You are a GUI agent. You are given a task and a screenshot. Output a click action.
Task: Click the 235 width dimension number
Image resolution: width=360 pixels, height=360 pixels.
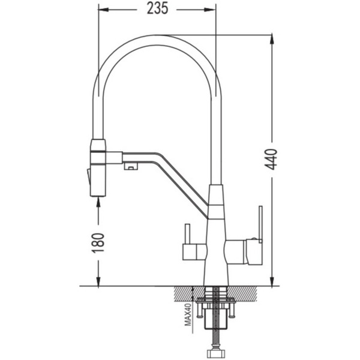[157, 9]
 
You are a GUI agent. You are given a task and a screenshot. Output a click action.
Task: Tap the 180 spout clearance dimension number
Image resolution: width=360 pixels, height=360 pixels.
[98, 243]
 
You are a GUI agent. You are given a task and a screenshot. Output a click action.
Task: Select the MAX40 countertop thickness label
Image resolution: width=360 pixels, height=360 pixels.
[188, 314]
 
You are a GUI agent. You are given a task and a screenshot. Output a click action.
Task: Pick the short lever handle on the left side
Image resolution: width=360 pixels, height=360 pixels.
[188, 235]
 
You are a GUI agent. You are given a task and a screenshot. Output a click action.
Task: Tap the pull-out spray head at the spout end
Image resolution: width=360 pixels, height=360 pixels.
[98, 168]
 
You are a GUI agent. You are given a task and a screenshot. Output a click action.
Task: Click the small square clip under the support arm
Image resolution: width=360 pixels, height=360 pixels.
[131, 166]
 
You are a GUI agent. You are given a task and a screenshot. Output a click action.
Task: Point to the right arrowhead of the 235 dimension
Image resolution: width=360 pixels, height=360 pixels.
[210, 10]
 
